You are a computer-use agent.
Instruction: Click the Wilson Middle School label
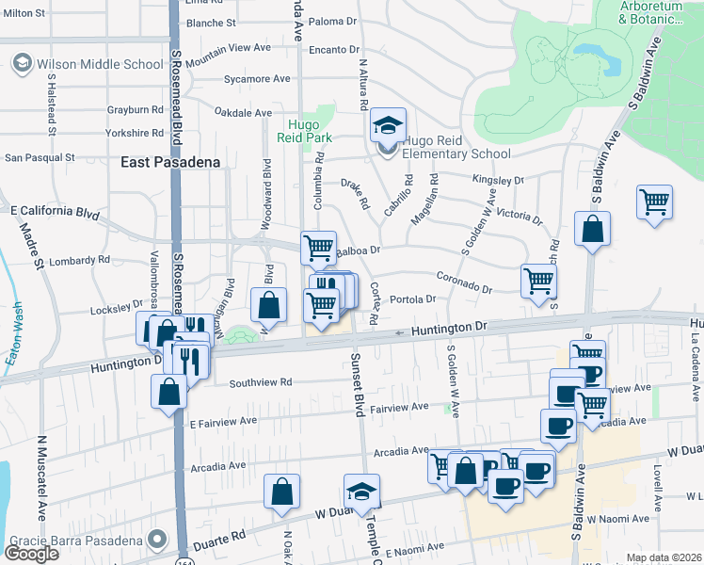(98, 64)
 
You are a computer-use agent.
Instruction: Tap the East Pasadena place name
(170, 162)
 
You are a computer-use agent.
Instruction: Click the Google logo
(31, 554)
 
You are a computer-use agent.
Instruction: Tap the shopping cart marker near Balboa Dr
(318, 249)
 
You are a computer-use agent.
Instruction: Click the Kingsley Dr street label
(498, 179)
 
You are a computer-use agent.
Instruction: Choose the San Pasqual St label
(40, 158)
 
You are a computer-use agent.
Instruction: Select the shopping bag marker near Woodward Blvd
(269, 305)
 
